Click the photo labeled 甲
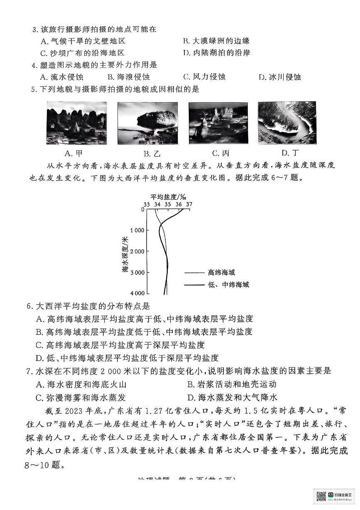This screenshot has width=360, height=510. pyautogui.click(x=76, y=123)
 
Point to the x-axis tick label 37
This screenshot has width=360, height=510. pyautogui.click(x=189, y=204)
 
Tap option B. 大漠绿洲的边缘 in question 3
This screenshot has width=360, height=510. pyautogui.click(x=216, y=41)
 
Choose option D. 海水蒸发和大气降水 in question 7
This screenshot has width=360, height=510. pyautogui.click(x=232, y=397)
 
